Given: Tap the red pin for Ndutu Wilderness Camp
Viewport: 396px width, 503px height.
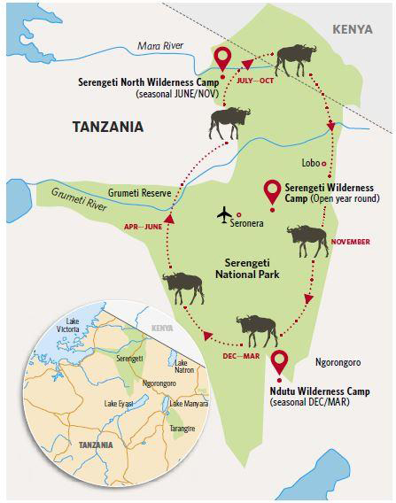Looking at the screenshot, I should click(x=281, y=363).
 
